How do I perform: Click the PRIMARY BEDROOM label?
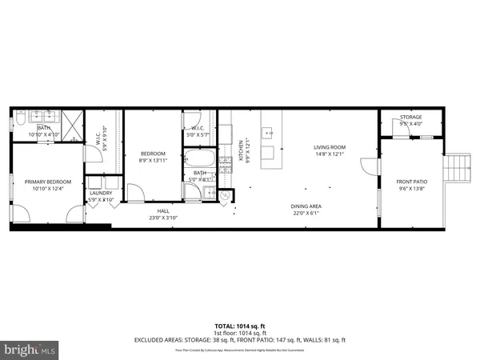[x=48, y=182]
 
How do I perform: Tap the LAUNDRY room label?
[x=101, y=193]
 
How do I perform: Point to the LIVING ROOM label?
[x=329, y=147]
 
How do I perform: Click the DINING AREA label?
[x=305, y=206]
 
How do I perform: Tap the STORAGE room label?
[x=411, y=118]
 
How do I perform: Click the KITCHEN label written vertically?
[x=240, y=149]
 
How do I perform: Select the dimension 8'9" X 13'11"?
[x=154, y=161]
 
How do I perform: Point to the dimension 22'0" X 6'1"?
[x=305, y=214]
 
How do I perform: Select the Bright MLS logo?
[x=29, y=350]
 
